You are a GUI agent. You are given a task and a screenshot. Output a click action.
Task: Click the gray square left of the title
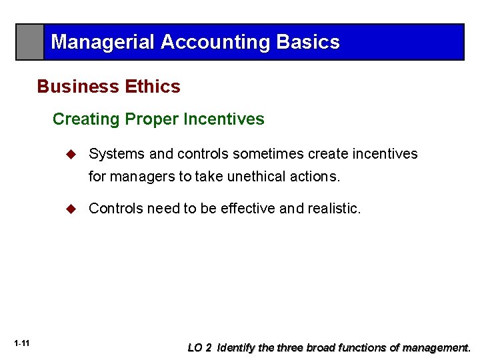coord(30,42)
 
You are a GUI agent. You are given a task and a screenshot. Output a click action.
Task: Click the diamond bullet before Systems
coord(72,154)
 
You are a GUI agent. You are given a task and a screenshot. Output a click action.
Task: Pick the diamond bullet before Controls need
coord(72,209)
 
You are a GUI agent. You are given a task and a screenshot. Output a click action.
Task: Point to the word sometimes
coord(269,154)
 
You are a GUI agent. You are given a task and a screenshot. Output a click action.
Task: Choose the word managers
coord(140,177)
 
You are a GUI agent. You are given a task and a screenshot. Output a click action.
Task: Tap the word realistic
coord(333,209)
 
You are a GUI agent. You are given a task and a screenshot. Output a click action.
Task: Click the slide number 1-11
coord(21,343)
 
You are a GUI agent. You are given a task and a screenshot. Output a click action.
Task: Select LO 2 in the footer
coord(200,348)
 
